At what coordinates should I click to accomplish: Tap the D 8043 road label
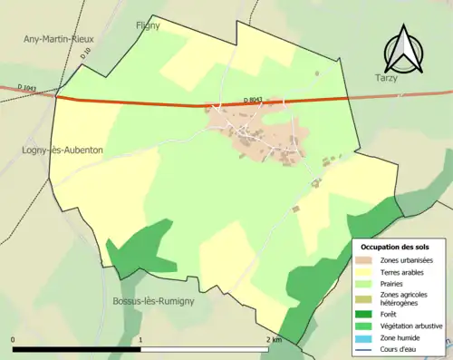click(256, 98)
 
